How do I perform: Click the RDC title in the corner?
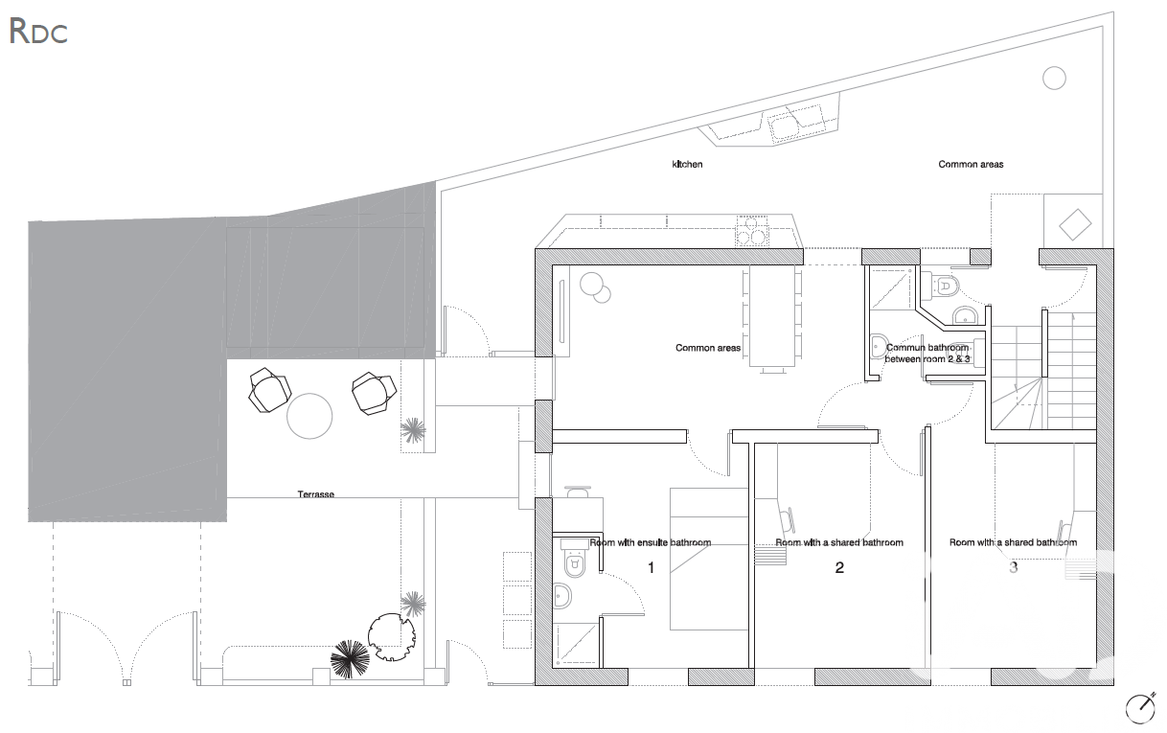(38, 32)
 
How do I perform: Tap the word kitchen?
(687, 164)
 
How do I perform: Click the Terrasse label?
(316, 493)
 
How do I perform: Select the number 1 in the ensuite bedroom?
(651, 567)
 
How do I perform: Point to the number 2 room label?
(839, 567)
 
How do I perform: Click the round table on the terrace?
(309, 416)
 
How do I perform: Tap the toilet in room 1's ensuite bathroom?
(574, 559)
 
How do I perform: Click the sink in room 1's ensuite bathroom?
(562, 596)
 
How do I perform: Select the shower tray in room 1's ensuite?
(576, 644)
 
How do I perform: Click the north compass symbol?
(1140, 708)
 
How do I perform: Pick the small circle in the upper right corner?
(1054, 79)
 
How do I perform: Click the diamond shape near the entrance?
(1075, 224)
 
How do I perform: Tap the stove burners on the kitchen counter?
(752, 231)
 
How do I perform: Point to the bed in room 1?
(709, 559)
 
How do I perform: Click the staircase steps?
(1042, 371)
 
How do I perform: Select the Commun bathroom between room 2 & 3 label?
(927, 354)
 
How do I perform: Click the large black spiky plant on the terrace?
(350, 659)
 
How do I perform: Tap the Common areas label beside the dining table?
(708, 348)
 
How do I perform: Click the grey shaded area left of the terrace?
(127, 370)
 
